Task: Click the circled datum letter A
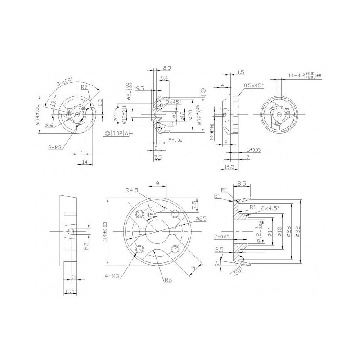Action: (x=203, y=91)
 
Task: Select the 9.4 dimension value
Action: (x=164, y=78)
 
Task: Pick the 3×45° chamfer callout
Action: (x=173, y=103)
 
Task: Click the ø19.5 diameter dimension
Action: (x=116, y=114)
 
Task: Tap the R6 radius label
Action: (x=168, y=280)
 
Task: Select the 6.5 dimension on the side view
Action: (x=70, y=292)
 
